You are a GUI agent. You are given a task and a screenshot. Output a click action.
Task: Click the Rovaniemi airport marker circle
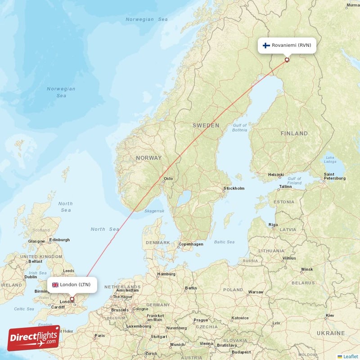coord(287,59)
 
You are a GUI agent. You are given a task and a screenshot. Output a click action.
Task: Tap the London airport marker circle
coord(72,299)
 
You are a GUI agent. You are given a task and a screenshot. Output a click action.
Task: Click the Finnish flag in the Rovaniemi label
coord(266,45)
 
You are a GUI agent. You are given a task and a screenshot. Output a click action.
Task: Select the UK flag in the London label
coord(55,284)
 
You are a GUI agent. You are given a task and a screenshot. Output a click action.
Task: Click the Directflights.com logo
coord(34,338)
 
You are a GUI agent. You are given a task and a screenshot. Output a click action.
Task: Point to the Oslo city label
coord(168,179)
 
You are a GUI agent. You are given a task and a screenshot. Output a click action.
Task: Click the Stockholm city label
coord(234,188)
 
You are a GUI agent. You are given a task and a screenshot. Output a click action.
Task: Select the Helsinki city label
coord(275,175)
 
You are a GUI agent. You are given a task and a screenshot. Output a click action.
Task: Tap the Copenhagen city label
coord(191,244)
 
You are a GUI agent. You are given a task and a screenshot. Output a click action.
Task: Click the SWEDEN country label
coord(206,126)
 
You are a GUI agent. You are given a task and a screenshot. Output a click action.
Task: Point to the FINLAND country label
coord(294,133)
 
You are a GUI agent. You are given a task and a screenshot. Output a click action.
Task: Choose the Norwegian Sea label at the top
coord(147,19)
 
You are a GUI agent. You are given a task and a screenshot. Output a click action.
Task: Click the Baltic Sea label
coord(224,242)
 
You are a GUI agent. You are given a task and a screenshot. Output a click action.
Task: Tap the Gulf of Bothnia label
coord(240,127)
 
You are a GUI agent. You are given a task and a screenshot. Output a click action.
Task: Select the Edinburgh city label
coord(60,240)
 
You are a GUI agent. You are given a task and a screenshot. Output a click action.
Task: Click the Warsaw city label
coord(256,292)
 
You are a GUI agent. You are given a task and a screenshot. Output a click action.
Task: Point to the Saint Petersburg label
coord(335,176)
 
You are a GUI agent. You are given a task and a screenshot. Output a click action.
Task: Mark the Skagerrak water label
coord(154,211)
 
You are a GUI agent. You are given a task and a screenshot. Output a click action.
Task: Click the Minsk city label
coord(307,269)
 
